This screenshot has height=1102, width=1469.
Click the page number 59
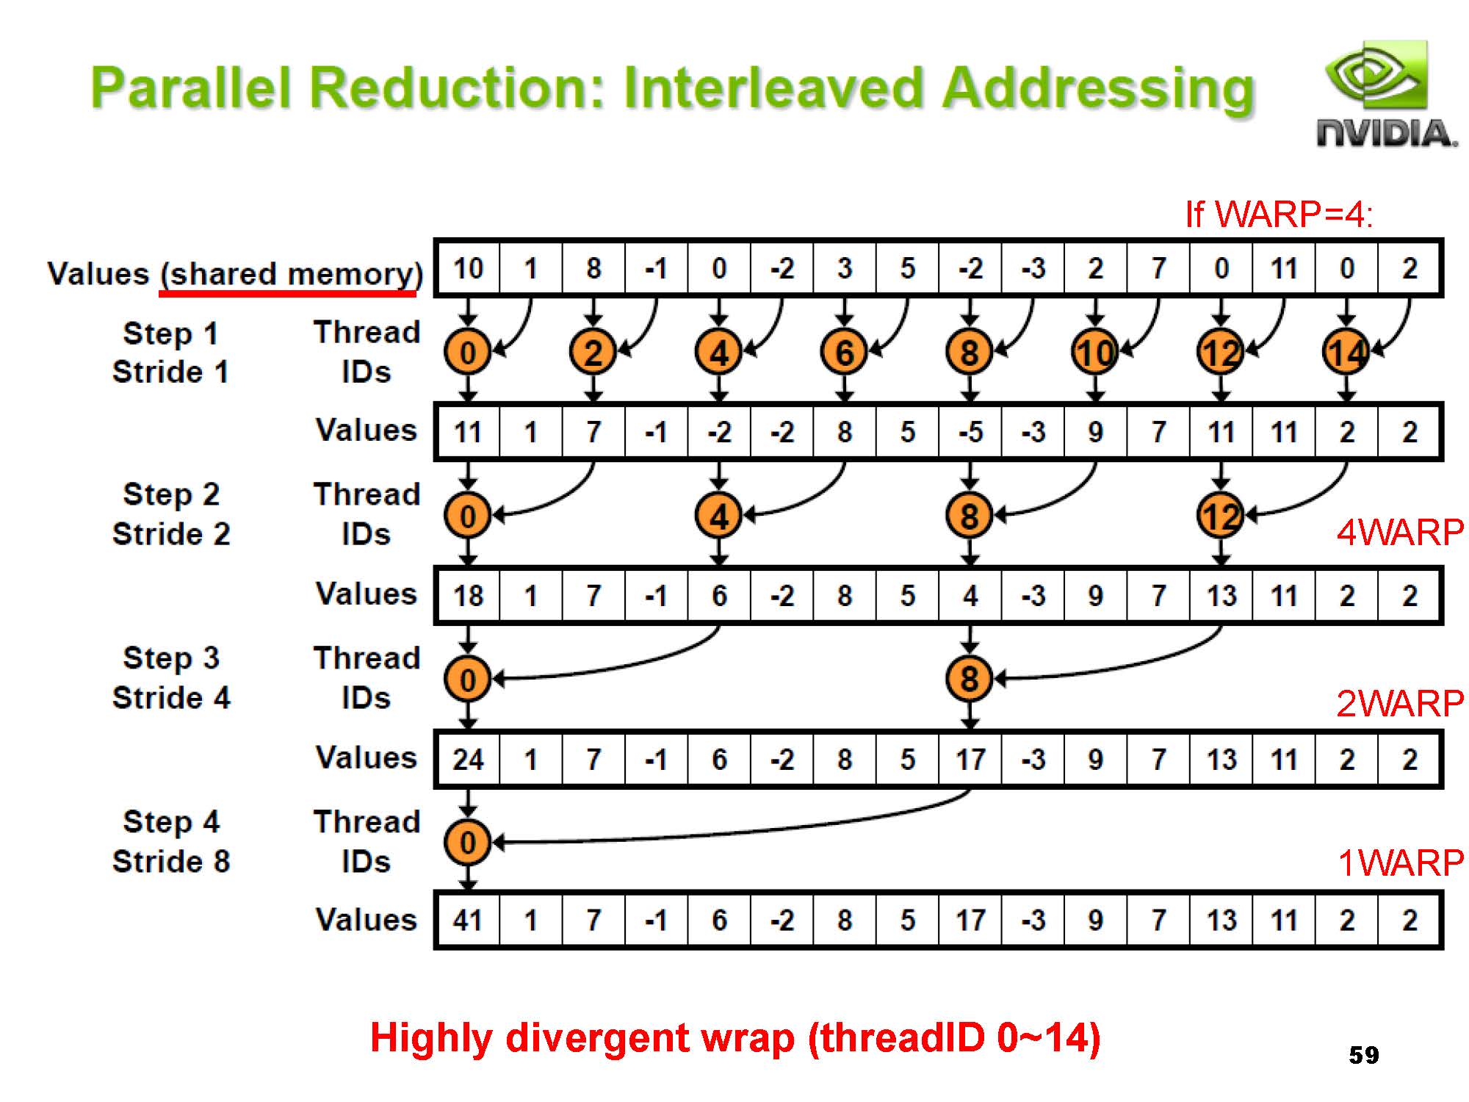click(1363, 1055)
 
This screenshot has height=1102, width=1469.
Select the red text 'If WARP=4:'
click(1278, 215)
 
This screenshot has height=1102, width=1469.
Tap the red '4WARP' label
click(1400, 532)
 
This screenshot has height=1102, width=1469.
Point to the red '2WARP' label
click(1400, 703)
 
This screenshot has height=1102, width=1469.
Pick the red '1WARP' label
click(1400, 862)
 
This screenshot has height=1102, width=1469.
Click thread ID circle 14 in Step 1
click(1346, 353)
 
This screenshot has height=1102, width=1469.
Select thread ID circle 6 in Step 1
click(844, 353)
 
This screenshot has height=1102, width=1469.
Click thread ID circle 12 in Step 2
click(1220, 516)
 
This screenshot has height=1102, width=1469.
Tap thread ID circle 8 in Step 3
click(970, 679)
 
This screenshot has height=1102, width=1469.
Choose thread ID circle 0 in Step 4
click(468, 843)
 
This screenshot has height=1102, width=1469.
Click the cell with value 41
click(468, 920)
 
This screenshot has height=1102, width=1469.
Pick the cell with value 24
click(468, 759)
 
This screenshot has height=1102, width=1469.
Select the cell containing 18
click(468, 595)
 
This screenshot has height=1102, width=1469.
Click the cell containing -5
click(970, 432)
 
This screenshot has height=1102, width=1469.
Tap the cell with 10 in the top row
click(468, 268)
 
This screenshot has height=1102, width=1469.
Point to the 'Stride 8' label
click(171, 861)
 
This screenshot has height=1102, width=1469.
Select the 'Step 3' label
click(171, 658)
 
